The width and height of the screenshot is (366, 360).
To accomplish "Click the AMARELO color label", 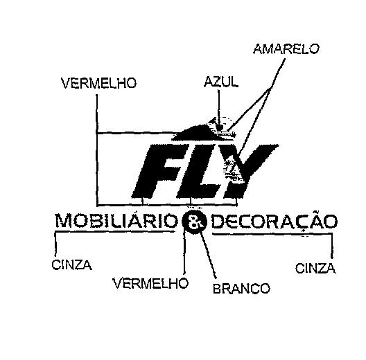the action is [x=286, y=49].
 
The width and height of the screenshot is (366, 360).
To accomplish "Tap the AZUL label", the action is [x=221, y=82].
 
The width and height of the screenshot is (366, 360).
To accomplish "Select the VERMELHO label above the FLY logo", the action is [x=98, y=83].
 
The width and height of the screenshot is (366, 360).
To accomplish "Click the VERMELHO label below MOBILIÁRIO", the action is [x=150, y=283].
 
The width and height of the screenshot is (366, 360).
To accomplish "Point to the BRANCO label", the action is [x=241, y=289].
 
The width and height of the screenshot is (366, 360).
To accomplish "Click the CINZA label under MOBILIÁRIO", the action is [x=71, y=265].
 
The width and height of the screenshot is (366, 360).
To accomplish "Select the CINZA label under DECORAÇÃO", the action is [x=315, y=268].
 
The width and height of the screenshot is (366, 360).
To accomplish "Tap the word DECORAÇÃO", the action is [x=274, y=221].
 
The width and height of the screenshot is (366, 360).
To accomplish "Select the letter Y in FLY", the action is [x=251, y=171].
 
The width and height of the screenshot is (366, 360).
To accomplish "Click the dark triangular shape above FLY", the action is [x=198, y=132].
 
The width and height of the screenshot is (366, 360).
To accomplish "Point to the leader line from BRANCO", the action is [x=208, y=255].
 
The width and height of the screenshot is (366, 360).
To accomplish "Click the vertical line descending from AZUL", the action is [x=219, y=108].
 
